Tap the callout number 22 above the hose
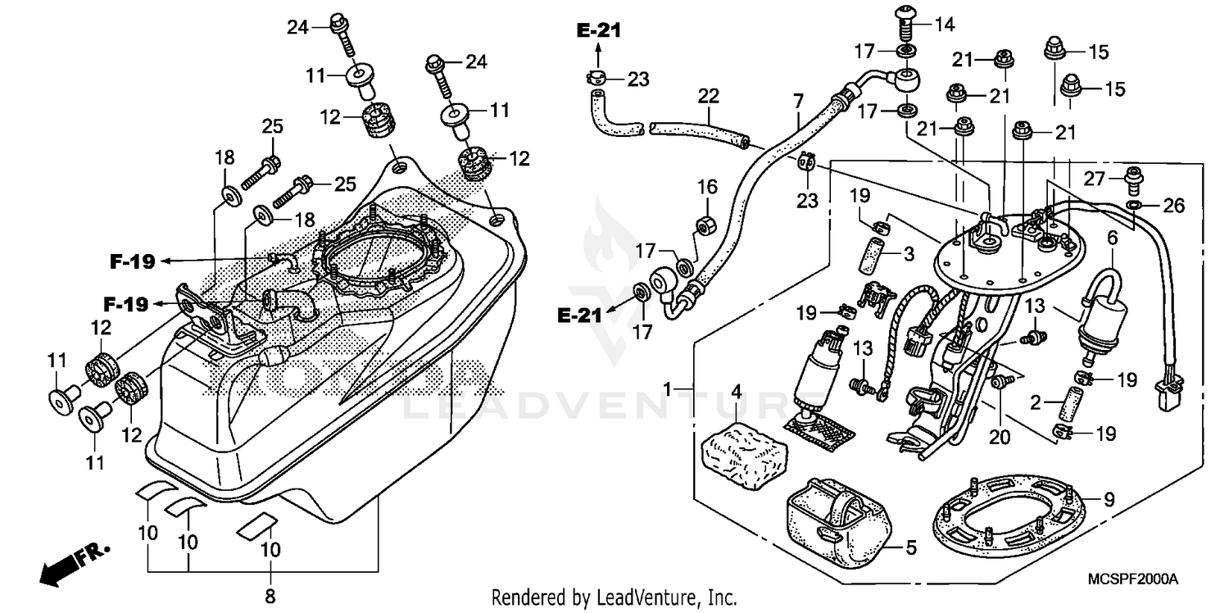point(708,96)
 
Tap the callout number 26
point(1174,206)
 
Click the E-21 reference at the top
point(598,31)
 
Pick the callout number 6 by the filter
point(1112,238)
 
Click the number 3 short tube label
point(908,254)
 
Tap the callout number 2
point(1036,404)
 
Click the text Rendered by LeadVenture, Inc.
point(614,597)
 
